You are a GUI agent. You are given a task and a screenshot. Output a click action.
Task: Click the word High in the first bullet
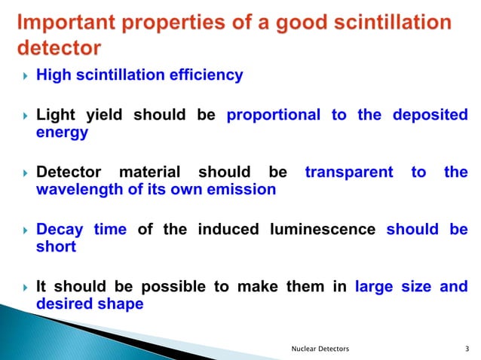coord(52,75)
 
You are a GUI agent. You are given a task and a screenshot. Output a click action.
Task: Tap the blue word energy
coord(62,133)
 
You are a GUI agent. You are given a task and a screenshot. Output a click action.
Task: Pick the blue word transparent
coord(349,172)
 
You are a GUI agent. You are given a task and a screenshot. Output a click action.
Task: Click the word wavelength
coord(79,190)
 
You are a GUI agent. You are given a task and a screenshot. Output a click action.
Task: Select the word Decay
coord(60,230)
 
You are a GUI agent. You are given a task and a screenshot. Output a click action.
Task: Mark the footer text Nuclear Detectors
coord(320,349)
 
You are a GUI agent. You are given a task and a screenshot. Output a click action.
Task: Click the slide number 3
coord(468,349)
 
